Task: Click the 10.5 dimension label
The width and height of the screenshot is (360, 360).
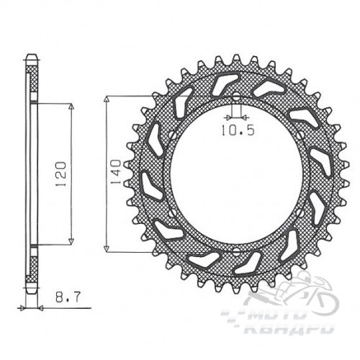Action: tap(238, 130)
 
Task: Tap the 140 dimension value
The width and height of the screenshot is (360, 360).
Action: tap(115, 172)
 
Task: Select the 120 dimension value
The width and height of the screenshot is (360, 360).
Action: tap(60, 174)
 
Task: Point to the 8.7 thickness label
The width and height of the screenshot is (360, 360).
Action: tap(68, 297)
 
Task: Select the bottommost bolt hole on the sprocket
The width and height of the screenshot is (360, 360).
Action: tap(236, 251)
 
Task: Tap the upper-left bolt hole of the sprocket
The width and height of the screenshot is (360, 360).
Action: tap(172, 135)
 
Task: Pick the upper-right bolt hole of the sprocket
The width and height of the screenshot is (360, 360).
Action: tap(300, 135)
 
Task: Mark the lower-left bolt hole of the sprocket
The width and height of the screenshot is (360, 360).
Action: tap(172, 213)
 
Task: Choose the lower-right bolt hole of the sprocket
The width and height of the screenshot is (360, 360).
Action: tap(300, 212)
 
